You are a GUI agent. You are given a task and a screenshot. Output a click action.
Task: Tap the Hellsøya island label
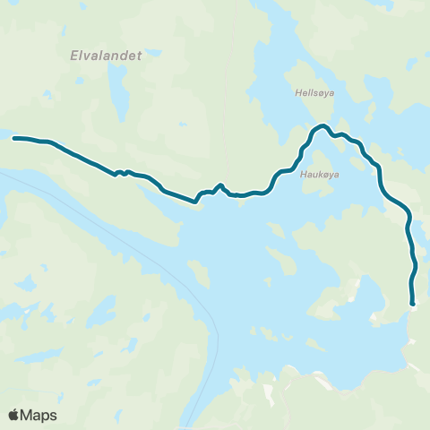click(x=313, y=91)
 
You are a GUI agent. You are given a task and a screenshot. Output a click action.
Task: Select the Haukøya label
click(x=317, y=175)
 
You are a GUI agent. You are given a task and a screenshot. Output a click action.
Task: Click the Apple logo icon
click(x=13, y=415)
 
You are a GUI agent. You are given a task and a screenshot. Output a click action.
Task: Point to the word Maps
click(x=39, y=415)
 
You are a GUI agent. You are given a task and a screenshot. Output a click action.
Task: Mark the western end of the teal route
click(x=14, y=138)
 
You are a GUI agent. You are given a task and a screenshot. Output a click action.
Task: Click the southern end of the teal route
click(x=413, y=305)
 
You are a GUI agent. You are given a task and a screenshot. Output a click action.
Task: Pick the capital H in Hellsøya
click(x=297, y=91)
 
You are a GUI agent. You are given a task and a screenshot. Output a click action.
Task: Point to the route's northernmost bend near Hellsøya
click(x=322, y=126)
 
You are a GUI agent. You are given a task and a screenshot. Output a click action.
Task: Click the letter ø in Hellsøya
click(x=319, y=91)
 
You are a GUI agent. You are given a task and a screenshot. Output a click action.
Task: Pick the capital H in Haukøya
click(x=303, y=175)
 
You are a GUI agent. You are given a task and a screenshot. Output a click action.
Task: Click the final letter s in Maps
click(x=54, y=415)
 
